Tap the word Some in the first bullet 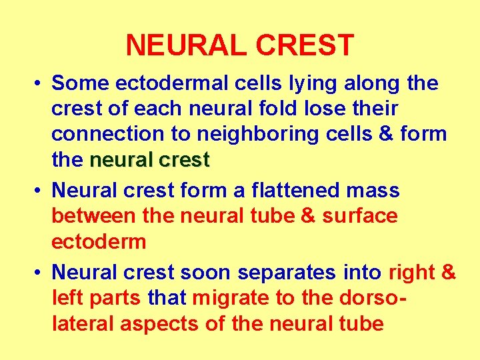(x=80, y=83)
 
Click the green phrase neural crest (x=149, y=160)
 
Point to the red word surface (x=360, y=216)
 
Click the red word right (x=411, y=273)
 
